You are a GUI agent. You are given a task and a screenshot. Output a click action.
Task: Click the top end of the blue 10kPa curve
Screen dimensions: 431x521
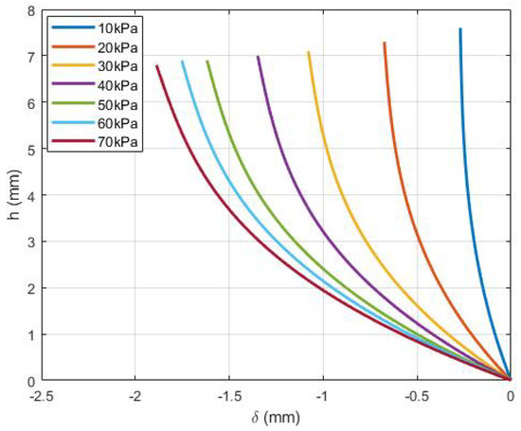coord(460,29)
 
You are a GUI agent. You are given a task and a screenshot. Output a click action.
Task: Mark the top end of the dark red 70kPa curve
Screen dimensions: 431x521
coord(156,65)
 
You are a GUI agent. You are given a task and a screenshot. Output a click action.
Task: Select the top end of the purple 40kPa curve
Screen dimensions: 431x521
coord(258,57)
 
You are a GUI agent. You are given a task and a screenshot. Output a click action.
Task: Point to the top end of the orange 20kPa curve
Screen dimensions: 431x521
coord(384,43)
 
